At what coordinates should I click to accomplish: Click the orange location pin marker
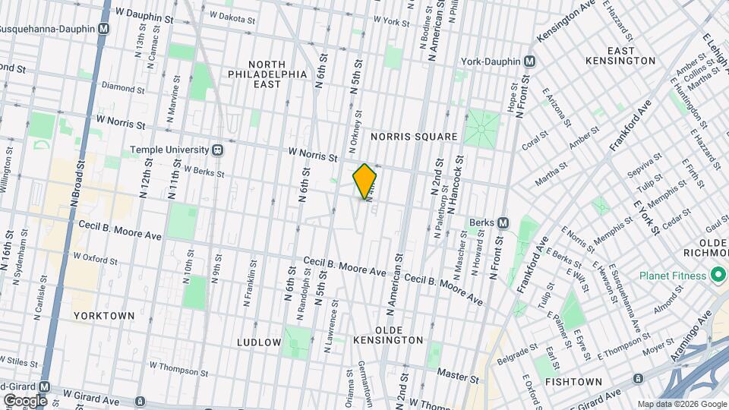coord(365,181)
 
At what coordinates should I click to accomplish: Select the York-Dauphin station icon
coord(530,61)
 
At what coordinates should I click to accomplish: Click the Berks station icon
coord(503,222)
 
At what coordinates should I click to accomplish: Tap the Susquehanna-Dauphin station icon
coord(104,29)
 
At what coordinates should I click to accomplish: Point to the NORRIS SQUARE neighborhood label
coord(414,137)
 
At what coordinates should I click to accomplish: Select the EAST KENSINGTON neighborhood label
coord(620,55)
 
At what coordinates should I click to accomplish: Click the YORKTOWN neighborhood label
coord(104,315)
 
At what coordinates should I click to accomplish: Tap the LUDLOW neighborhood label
coord(259,342)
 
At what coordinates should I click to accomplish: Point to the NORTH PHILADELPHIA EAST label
coord(268,74)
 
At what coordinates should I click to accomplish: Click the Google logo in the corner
coord(24,400)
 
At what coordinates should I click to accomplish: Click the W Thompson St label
coord(178,369)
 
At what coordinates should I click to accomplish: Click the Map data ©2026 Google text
coord(681,404)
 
